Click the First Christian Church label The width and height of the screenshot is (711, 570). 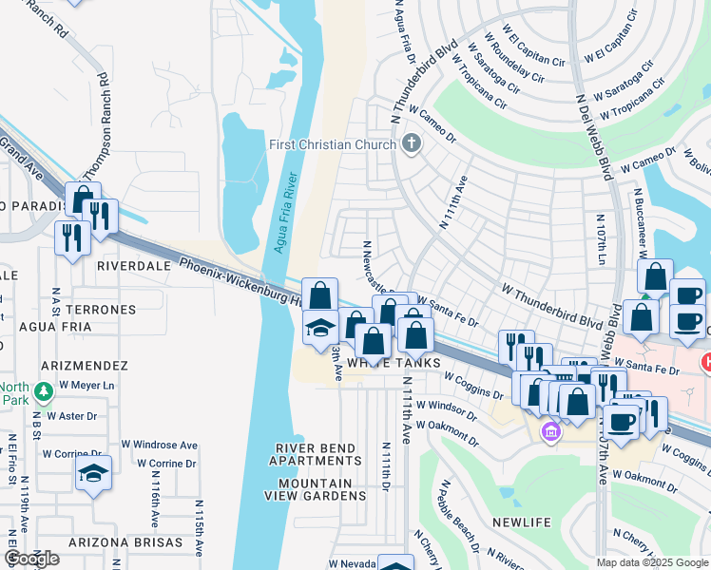(332, 144)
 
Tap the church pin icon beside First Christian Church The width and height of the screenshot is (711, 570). (412, 144)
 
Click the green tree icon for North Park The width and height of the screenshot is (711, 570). (42, 391)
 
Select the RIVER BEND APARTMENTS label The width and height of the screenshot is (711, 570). (317, 454)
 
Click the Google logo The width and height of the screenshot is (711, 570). (32, 559)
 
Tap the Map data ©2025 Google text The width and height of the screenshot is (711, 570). (652, 562)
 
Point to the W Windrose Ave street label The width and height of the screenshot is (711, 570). (159, 445)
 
